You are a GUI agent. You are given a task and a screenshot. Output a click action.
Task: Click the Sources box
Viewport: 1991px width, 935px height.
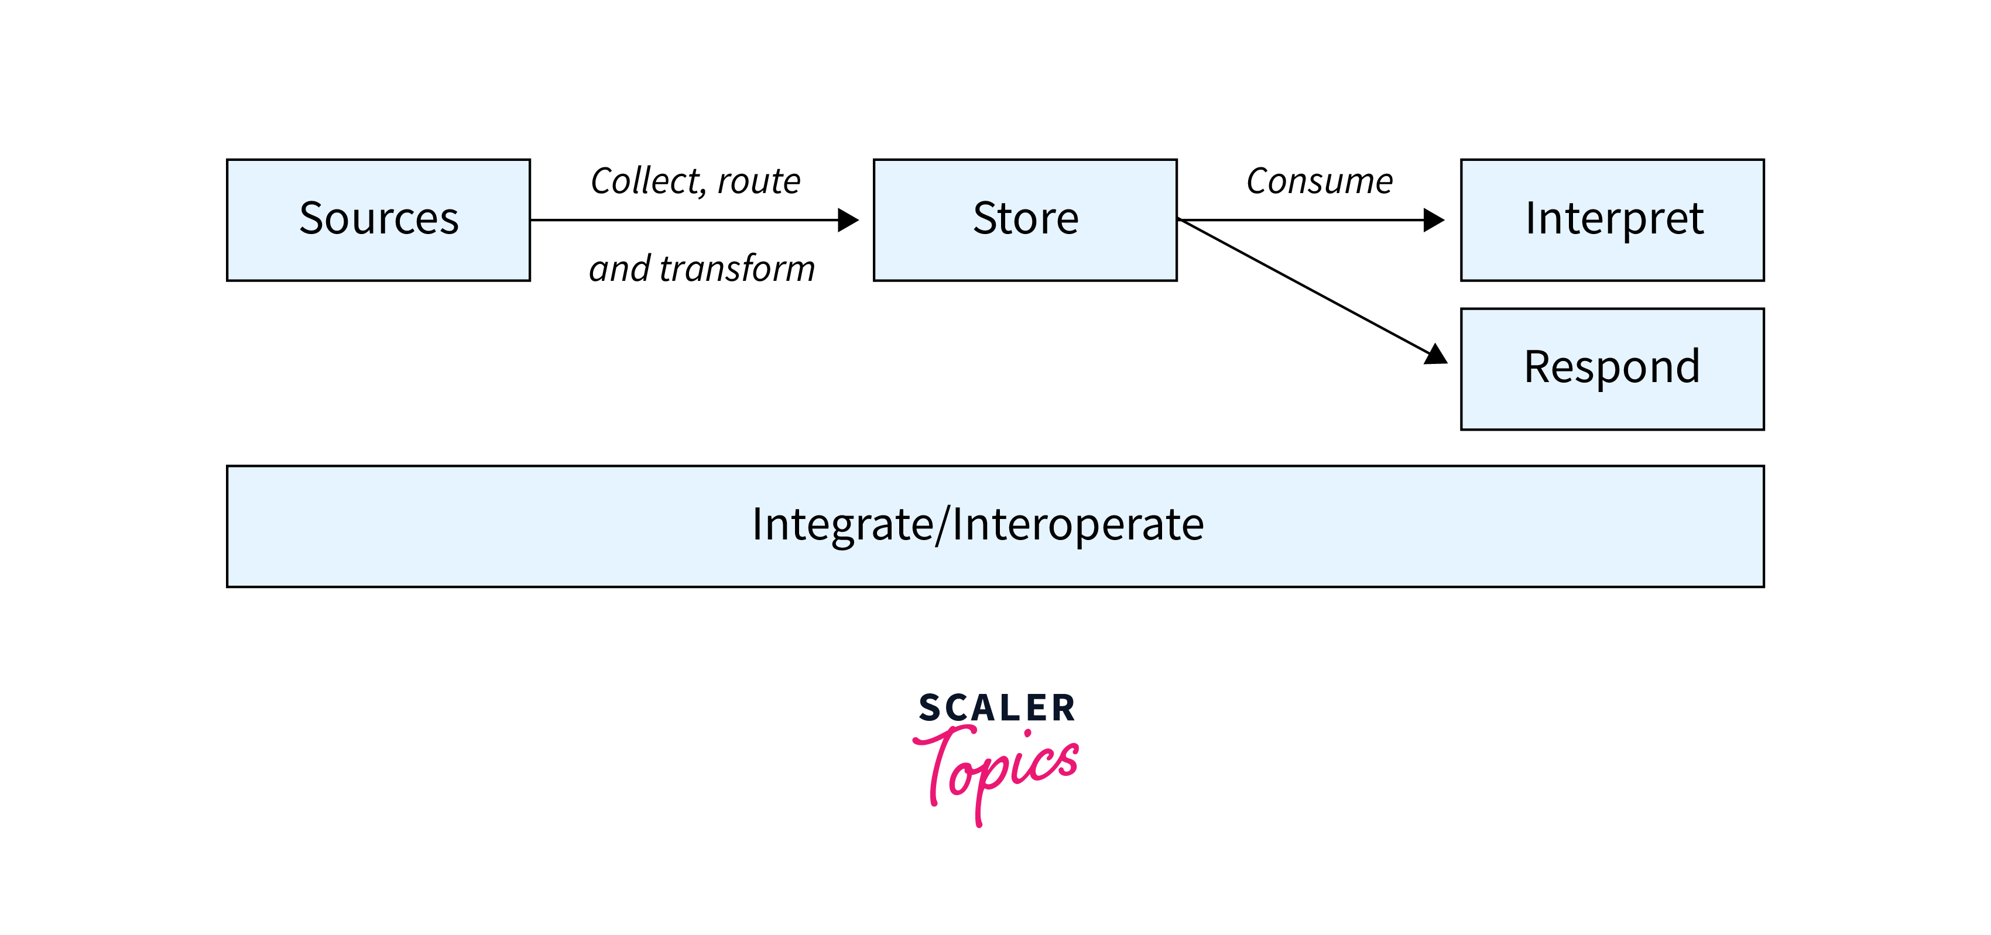pos(378,220)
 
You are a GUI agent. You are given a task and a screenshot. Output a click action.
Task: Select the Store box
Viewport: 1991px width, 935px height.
pos(1025,220)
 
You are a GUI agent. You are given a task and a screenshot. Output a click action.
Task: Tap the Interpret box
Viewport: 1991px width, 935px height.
pos(1612,220)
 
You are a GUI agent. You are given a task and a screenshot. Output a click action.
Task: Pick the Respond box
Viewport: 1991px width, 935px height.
pos(1612,369)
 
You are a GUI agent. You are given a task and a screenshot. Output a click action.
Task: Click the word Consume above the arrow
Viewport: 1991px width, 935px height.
pos(1320,181)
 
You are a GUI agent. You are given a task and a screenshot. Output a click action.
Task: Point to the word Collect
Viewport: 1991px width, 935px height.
pos(645,181)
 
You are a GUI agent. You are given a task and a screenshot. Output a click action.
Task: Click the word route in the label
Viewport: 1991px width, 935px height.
pos(759,181)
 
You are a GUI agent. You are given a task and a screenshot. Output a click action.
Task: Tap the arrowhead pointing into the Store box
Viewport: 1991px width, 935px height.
pos(849,220)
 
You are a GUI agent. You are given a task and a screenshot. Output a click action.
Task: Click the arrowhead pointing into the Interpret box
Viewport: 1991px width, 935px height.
pos(1434,220)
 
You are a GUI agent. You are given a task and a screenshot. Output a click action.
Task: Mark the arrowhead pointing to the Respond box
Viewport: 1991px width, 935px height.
pos(1435,355)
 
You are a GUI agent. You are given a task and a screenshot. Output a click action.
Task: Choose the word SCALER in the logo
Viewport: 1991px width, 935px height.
pos(997,708)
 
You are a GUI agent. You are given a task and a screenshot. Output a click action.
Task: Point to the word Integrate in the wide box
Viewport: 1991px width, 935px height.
pos(842,525)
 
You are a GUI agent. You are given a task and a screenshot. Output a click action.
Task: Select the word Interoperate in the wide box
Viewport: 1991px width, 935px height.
pos(1078,525)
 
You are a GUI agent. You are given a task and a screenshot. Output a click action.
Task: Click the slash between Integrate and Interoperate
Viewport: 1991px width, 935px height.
pos(942,525)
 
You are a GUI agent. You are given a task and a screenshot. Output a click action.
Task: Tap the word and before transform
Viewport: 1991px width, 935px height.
pos(620,269)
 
